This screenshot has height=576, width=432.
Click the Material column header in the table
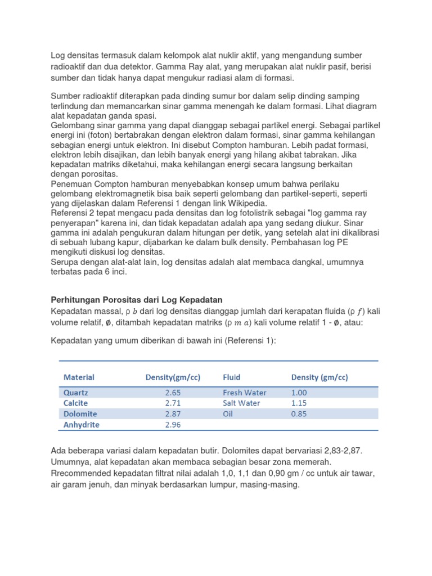[79, 377]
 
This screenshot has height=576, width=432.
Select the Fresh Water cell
[245, 393]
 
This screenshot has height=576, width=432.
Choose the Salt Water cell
[241, 403]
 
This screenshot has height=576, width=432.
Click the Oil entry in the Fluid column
[228, 414]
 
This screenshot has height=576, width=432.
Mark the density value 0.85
[300, 414]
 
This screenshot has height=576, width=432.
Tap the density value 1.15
[300, 403]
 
